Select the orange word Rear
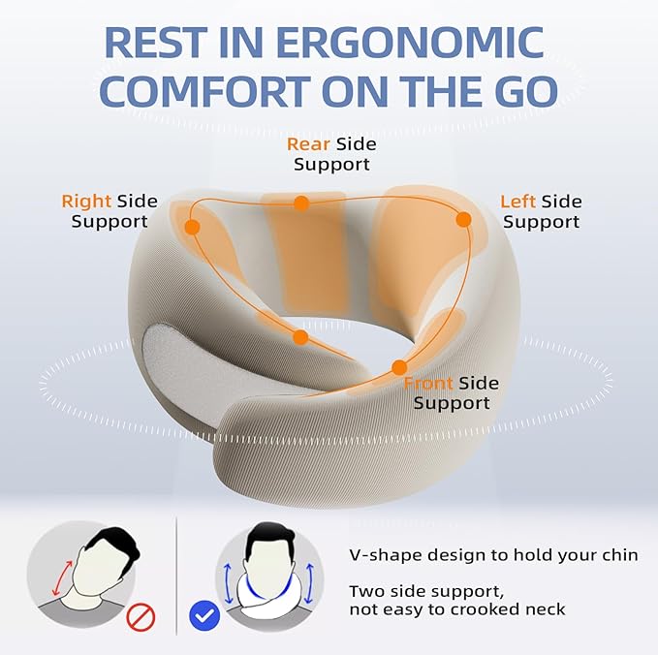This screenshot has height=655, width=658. point(307,144)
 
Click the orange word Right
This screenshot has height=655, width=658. point(86,202)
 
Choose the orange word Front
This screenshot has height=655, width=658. point(428,383)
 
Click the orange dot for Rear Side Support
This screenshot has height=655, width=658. point(301,203)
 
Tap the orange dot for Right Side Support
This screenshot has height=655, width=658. point(192,228)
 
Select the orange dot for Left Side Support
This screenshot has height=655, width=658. point(463,219)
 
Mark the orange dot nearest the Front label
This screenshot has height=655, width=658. point(398,367)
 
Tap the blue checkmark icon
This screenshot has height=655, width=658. point(204,614)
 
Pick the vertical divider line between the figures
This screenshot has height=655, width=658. point(177,573)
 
